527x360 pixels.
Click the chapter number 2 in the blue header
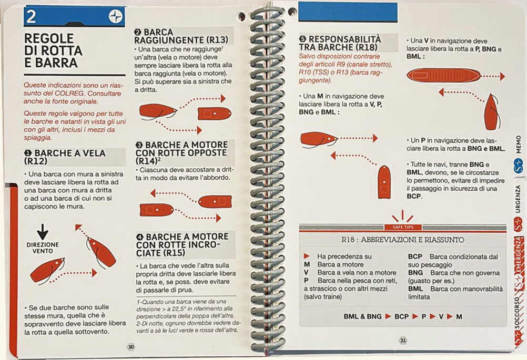(x=31, y=16)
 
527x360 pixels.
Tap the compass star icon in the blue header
(x=115, y=16)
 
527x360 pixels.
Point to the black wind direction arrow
(x=43, y=232)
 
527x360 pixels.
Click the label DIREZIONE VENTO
(x=43, y=248)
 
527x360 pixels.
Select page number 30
(x=131, y=347)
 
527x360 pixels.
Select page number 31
(x=403, y=340)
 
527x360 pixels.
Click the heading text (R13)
(x=217, y=40)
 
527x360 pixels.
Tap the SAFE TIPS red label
(x=403, y=227)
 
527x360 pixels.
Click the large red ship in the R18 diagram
(x=443, y=76)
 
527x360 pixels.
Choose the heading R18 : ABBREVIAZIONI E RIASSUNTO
(x=403, y=240)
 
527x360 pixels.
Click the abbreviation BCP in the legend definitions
(x=415, y=256)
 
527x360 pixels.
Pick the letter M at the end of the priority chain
(x=459, y=316)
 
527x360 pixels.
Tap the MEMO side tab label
(x=518, y=145)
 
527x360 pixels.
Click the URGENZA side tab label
(x=518, y=199)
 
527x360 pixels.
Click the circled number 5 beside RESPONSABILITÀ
(x=302, y=39)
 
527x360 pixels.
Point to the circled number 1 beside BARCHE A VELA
(x=28, y=153)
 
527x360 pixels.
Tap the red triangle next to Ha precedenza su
(x=307, y=256)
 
